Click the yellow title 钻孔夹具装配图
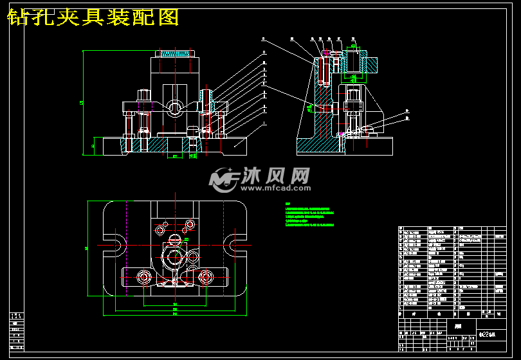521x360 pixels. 93,17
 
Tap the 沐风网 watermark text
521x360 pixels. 276,175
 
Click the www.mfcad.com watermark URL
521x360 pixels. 276,189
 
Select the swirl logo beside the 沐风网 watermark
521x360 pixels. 224,180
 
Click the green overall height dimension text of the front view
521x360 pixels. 82,103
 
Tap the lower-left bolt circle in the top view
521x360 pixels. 143,278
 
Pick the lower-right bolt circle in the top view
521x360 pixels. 206,278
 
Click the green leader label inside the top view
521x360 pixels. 187,240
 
